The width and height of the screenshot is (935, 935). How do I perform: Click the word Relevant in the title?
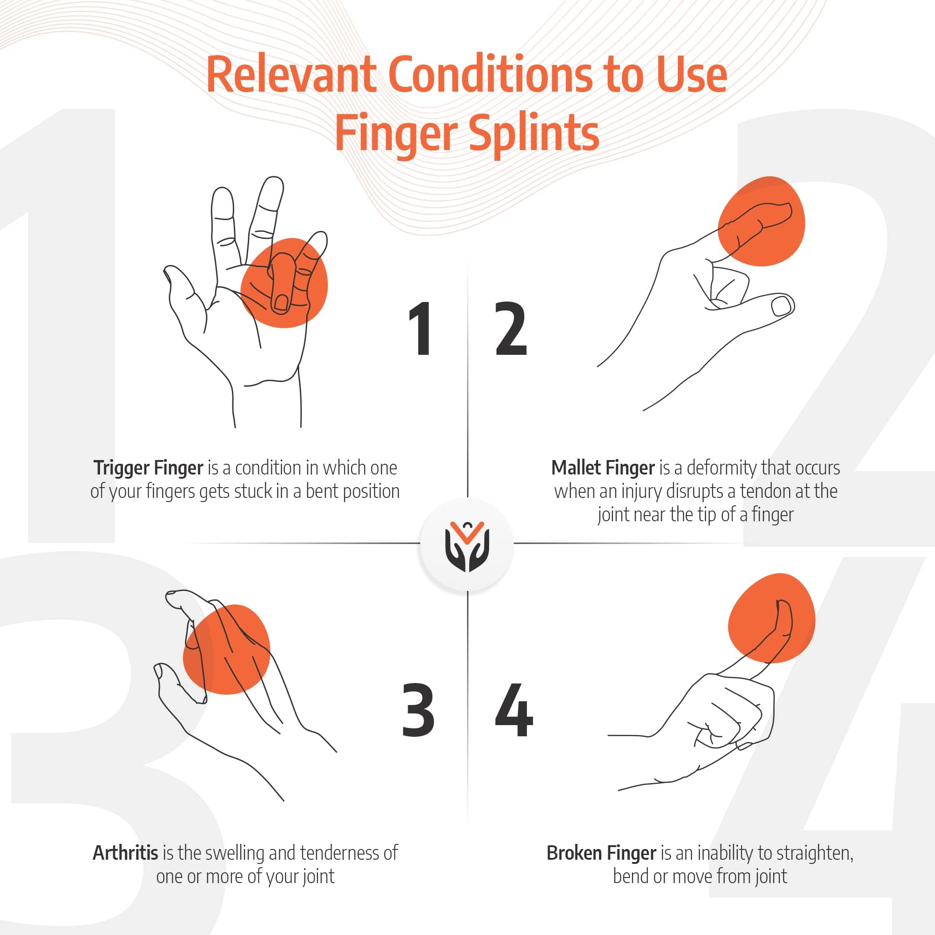(x=291, y=74)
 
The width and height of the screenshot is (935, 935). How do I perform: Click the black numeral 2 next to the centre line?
(x=511, y=329)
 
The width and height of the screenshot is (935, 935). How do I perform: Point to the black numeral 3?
(x=418, y=711)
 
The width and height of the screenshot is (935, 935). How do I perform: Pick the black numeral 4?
(x=514, y=711)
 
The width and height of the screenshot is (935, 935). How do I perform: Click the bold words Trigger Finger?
(x=148, y=468)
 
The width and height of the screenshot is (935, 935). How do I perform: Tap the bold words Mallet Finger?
(x=603, y=468)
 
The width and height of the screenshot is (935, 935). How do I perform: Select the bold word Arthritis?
(x=125, y=853)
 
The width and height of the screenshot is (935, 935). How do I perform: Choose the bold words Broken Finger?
(x=602, y=853)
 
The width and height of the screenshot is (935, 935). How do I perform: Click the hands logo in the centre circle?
(x=467, y=547)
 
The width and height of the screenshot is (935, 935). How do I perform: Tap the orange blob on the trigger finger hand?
(x=284, y=283)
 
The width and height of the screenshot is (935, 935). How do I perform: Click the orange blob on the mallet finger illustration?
(x=761, y=221)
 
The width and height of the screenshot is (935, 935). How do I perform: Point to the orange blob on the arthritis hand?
(x=226, y=649)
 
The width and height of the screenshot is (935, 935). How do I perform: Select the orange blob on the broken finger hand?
(x=771, y=618)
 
